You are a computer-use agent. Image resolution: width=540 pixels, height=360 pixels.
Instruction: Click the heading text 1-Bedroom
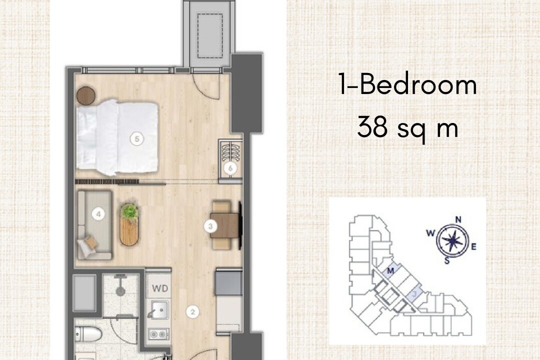coord(408,85)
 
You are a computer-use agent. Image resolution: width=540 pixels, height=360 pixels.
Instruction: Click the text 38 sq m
coord(408,127)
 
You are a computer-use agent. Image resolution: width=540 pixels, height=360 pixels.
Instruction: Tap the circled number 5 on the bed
coord(137,139)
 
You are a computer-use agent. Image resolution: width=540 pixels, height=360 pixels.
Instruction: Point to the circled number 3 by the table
coord(210,226)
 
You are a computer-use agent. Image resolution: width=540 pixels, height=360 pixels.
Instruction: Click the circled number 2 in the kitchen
coord(192,312)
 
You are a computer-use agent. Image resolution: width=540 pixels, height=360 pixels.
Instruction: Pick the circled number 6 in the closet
coord(230,168)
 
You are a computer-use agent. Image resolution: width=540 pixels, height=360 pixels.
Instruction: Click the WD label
coord(160,287)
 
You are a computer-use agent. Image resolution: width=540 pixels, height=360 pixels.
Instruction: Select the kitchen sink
coord(159,309)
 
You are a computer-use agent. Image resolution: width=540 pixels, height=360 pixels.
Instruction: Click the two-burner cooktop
coord(159,334)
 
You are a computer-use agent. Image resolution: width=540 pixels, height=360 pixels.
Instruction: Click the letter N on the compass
coord(458,220)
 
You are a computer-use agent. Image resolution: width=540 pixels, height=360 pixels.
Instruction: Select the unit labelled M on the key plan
coord(390,271)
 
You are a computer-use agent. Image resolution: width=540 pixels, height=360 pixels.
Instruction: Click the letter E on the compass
coord(474,246)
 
